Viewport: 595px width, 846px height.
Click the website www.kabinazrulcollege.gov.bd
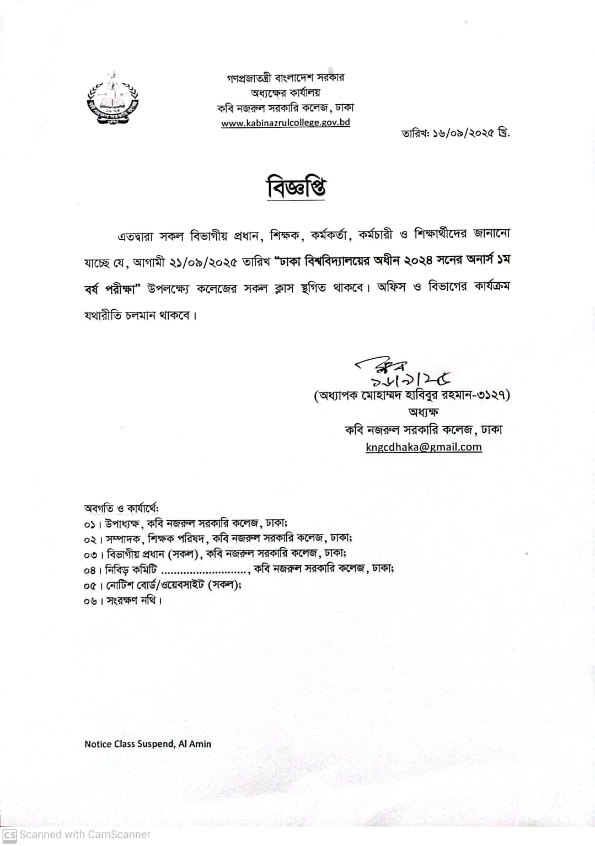coord(286,123)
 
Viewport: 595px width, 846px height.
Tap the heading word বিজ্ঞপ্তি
coord(296,188)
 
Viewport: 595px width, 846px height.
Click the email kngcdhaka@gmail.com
coord(424,447)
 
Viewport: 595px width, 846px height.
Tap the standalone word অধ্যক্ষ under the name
coord(424,412)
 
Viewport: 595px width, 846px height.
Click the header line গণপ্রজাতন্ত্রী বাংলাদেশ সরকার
coord(286,78)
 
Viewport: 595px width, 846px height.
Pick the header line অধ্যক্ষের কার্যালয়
coord(286,93)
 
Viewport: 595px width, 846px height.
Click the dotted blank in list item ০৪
coord(204,569)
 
